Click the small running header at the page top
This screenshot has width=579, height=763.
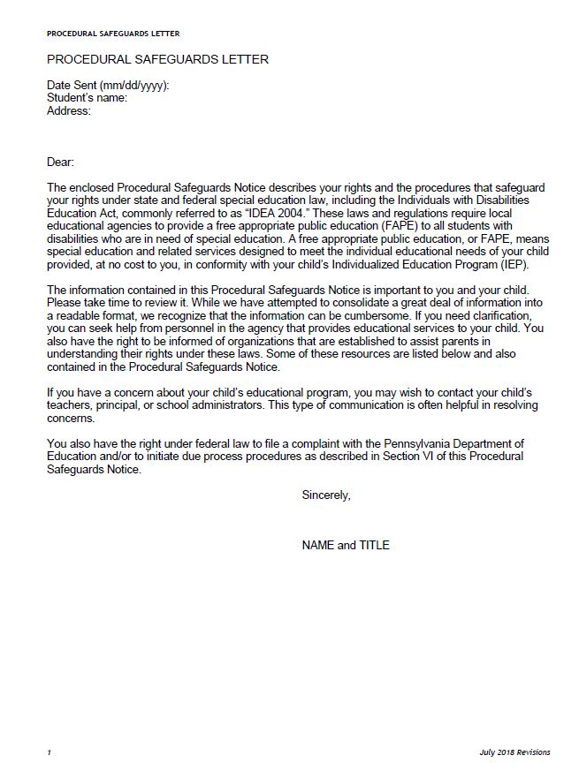[x=112, y=34]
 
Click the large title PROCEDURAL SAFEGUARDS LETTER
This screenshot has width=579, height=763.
[x=157, y=60]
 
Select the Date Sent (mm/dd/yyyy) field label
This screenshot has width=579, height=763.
[x=107, y=86]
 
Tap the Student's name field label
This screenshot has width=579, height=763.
[x=87, y=98]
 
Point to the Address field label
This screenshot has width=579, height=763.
[x=68, y=111]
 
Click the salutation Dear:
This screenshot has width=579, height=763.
[x=61, y=162]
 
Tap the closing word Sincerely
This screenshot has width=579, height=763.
[x=326, y=495]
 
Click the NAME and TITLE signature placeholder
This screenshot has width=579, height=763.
[x=346, y=545]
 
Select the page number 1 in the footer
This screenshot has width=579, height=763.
[x=50, y=752]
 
